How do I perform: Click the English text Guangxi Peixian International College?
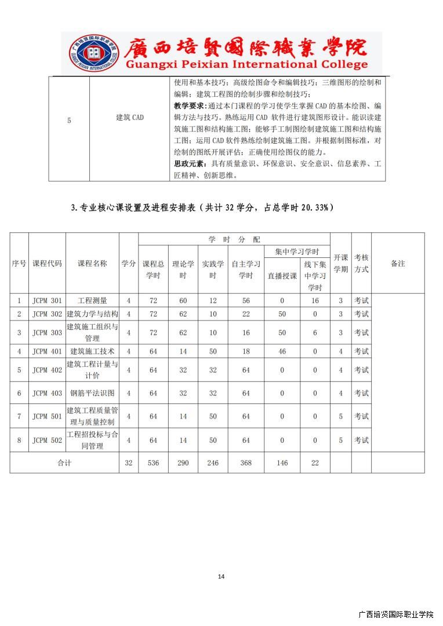246,65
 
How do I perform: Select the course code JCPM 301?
47,301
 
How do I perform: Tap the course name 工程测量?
92,301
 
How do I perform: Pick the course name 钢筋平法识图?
92,393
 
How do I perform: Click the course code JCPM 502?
47,440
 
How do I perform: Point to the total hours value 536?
153,463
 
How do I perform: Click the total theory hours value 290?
183,463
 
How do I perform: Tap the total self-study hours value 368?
246,463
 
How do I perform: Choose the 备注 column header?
398,264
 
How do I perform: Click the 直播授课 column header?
282,276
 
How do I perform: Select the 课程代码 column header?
47,264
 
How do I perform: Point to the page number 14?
221,576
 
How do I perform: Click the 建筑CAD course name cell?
129,118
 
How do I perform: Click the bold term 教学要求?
192,106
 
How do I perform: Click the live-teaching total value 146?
282,463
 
